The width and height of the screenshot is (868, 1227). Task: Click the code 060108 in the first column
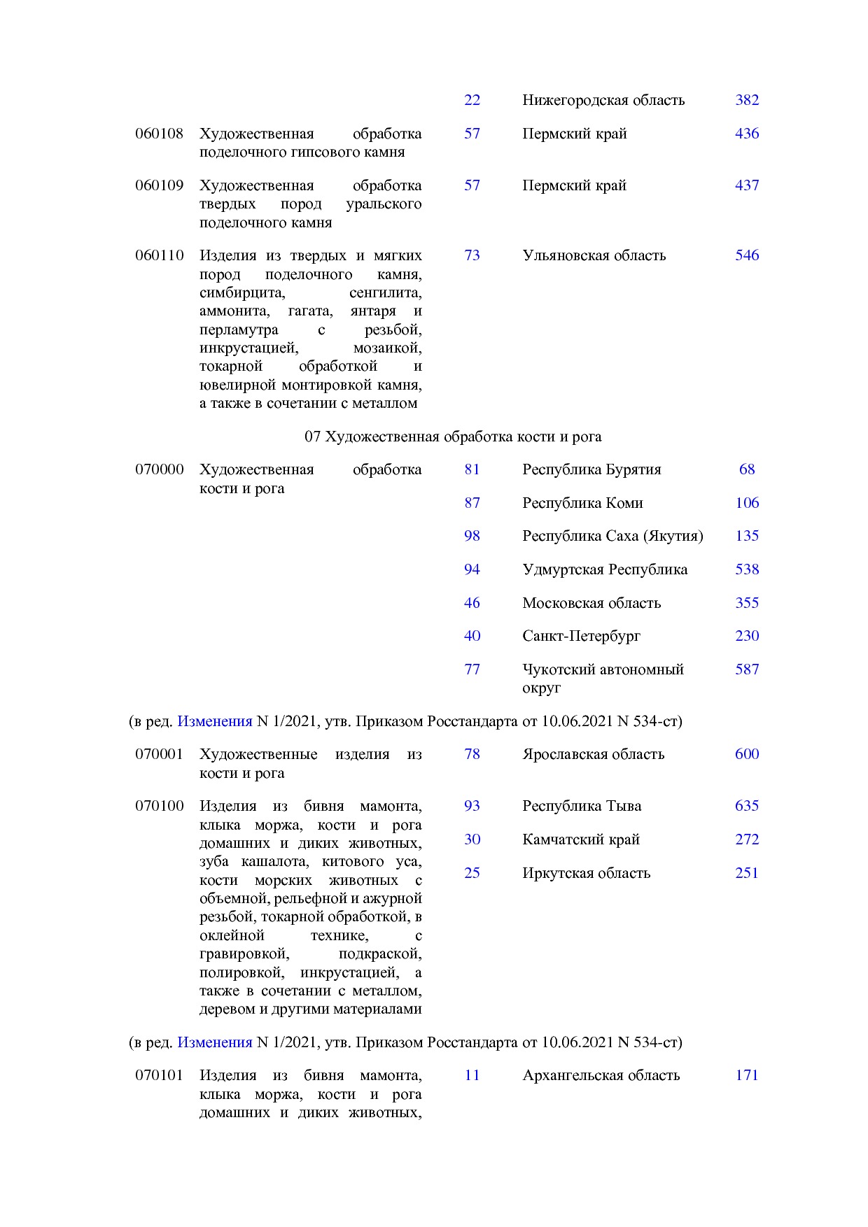tap(159, 134)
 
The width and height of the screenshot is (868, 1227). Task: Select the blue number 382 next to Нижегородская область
tap(747, 100)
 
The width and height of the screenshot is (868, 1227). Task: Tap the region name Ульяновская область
tap(594, 255)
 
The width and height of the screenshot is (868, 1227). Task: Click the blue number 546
tap(747, 255)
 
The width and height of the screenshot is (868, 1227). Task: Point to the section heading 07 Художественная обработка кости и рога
tap(453, 437)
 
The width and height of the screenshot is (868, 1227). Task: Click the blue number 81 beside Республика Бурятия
tap(472, 469)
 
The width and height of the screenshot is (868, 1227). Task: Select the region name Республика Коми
tap(582, 503)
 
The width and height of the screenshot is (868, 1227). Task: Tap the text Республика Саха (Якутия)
tap(612, 536)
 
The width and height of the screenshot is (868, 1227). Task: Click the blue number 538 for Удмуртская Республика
tap(747, 569)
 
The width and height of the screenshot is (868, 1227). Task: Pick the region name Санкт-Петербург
tap(581, 636)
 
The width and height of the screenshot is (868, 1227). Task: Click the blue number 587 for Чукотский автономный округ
tap(747, 669)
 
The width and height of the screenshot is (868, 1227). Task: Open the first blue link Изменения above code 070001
tap(214, 721)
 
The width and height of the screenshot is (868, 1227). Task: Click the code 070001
tap(159, 754)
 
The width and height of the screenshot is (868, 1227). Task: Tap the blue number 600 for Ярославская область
tap(747, 754)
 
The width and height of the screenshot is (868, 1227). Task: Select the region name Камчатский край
tap(581, 839)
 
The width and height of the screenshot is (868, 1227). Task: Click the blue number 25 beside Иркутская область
tap(472, 873)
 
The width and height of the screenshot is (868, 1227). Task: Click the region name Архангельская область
tap(601, 1075)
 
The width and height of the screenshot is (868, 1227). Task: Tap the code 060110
tap(159, 255)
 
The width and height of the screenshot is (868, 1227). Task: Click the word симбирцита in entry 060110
tap(242, 292)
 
